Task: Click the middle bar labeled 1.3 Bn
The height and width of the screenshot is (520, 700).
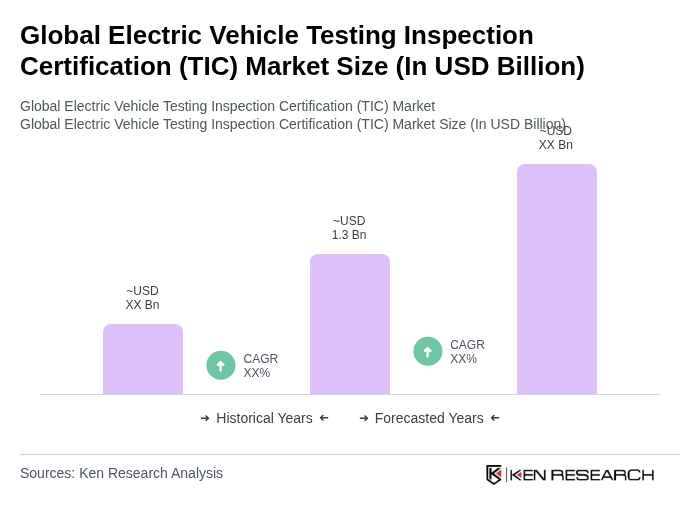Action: click(x=349, y=324)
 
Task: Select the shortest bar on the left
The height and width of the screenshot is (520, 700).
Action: click(x=142, y=359)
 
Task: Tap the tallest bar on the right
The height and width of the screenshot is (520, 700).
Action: click(x=556, y=279)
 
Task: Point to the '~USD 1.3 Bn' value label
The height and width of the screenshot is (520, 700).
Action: click(x=349, y=228)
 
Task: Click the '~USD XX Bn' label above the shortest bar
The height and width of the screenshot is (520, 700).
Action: click(x=142, y=298)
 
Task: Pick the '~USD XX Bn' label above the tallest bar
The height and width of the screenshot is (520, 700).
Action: click(x=555, y=139)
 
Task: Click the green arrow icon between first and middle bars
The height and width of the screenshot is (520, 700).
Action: click(x=221, y=365)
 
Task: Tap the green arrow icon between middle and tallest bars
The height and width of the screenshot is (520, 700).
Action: click(x=428, y=351)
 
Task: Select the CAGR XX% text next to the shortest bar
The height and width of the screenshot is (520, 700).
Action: click(x=260, y=366)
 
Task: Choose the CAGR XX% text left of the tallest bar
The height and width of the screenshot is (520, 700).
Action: click(x=467, y=352)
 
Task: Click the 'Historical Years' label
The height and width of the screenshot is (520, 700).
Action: click(x=264, y=418)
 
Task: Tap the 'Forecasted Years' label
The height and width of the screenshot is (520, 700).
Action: click(x=429, y=418)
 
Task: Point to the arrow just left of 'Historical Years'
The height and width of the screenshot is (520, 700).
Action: click(x=205, y=418)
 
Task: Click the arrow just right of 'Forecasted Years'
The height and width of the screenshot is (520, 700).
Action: click(x=495, y=418)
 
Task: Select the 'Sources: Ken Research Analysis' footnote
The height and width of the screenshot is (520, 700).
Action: click(x=121, y=473)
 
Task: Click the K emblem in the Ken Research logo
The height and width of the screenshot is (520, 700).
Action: click(x=494, y=474)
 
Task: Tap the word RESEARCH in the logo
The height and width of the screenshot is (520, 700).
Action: click(x=602, y=474)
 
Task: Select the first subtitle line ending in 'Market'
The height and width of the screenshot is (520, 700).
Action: click(x=227, y=106)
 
